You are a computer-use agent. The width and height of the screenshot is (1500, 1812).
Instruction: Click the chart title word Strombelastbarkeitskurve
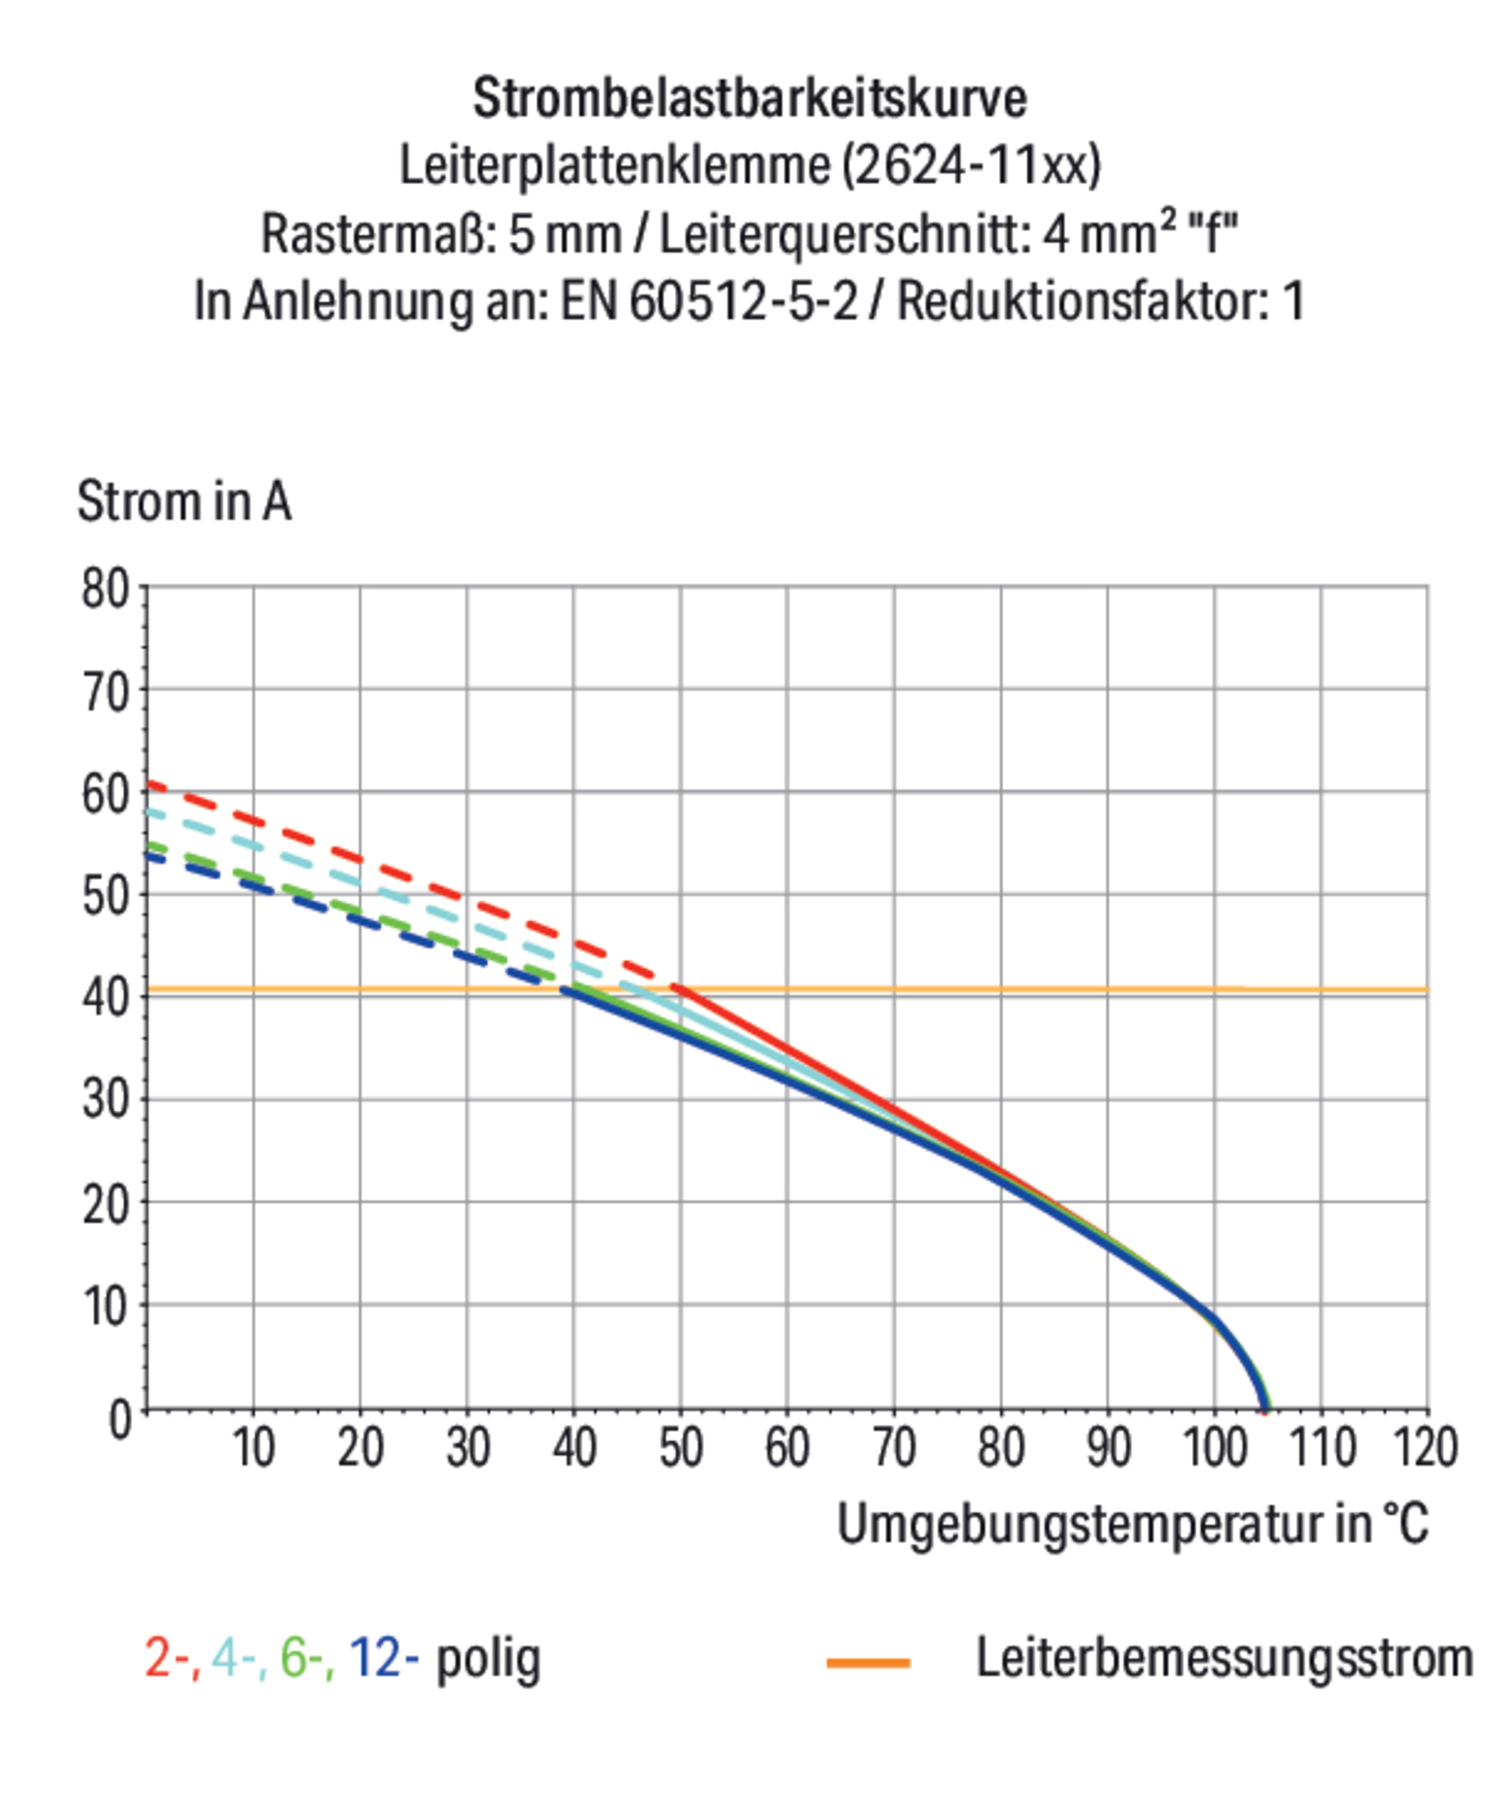[x=749, y=97]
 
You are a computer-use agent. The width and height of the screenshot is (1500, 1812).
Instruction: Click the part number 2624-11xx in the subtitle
[x=970, y=165]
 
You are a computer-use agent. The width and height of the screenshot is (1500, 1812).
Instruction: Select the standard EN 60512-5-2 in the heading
[x=709, y=301]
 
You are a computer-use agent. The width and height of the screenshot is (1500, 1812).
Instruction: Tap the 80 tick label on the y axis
[x=105, y=591]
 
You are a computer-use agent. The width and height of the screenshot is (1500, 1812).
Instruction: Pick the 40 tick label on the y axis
[x=105, y=997]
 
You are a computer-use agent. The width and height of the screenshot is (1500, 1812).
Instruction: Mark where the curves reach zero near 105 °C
[x=1265, y=1408]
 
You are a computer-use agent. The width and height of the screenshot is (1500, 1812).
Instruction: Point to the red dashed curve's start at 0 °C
[x=149, y=784]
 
